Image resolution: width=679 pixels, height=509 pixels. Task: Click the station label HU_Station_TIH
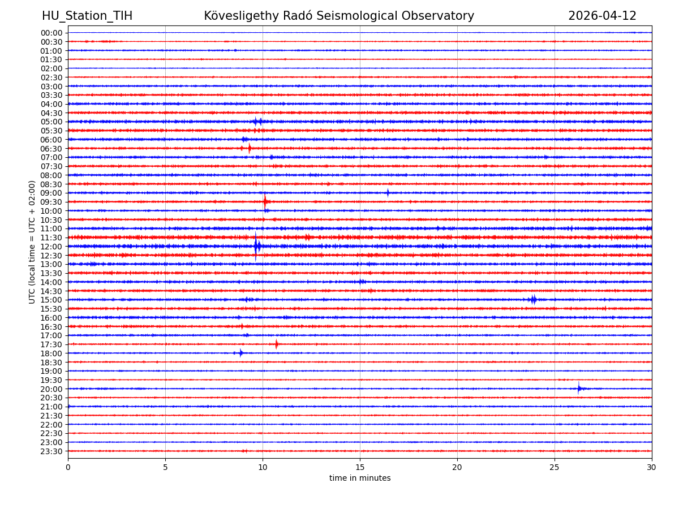tap(87, 16)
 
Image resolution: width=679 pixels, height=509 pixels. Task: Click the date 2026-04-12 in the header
tap(602, 16)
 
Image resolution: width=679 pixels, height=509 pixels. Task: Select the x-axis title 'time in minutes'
tap(360, 478)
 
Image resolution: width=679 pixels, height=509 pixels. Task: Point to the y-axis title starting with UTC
tap(32, 242)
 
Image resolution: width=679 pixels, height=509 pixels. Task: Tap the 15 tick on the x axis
tap(360, 467)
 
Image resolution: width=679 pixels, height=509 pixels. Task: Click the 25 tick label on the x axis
tap(555, 467)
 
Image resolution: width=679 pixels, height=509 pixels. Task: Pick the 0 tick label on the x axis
tap(68, 467)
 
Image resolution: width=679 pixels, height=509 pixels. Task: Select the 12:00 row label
tap(51, 247)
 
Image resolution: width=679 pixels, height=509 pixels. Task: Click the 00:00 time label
tap(51, 33)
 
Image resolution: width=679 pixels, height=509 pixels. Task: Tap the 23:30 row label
tap(51, 451)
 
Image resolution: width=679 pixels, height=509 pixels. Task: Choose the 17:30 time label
tap(51, 344)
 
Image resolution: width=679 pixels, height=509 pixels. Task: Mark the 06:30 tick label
tap(51, 149)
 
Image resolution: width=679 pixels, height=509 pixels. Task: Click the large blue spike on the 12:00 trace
tap(256, 246)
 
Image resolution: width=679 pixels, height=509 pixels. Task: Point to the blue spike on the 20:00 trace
tap(579, 389)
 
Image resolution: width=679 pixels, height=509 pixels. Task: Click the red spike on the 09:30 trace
tap(265, 201)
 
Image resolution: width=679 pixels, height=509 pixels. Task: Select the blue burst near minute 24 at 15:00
tap(533, 300)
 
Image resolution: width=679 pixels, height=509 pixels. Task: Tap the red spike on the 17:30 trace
tap(277, 344)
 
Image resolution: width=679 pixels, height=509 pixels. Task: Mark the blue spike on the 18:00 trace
tap(241, 353)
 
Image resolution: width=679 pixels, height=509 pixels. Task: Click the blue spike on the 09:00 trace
tap(388, 193)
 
